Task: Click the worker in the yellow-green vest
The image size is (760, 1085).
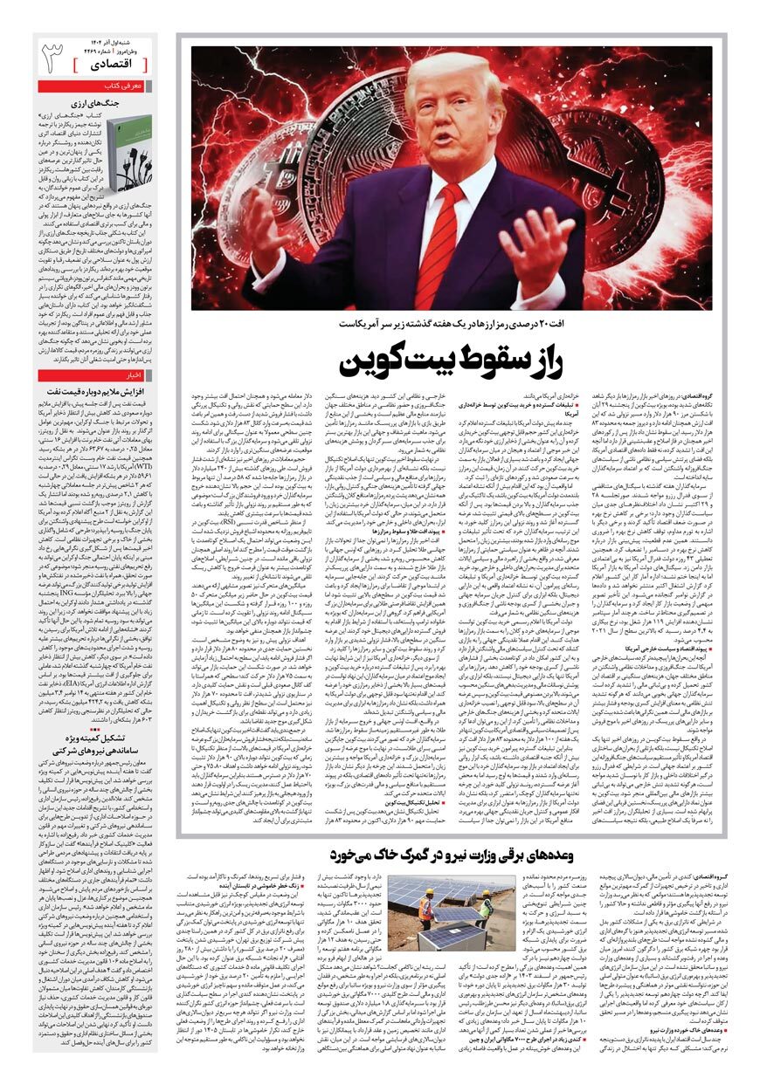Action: click(485, 907)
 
